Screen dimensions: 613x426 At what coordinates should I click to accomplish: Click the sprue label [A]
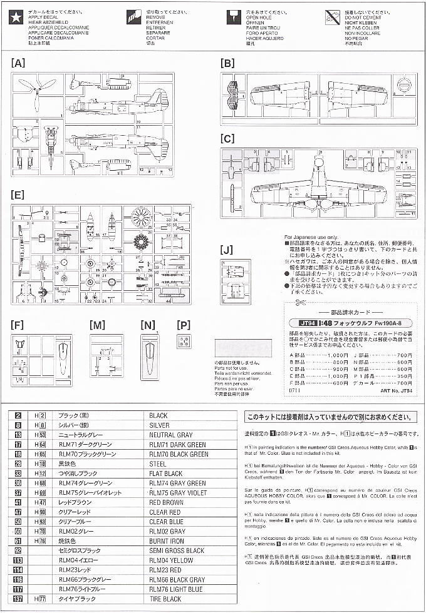pyautogui.click(x=19, y=63)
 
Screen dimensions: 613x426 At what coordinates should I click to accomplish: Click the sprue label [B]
pyautogui.click(x=227, y=63)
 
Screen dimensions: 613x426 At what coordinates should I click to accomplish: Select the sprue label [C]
pyautogui.click(x=227, y=139)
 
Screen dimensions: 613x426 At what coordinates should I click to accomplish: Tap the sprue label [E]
pyautogui.click(x=19, y=195)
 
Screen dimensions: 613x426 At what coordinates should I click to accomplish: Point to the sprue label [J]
pyautogui.click(x=227, y=250)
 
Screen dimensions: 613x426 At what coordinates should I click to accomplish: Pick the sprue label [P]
pyautogui.click(x=184, y=325)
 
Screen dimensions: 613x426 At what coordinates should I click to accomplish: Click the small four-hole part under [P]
pyautogui.click(x=184, y=340)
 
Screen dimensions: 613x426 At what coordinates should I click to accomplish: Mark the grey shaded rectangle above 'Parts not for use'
pyautogui.click(x=243, y=348)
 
